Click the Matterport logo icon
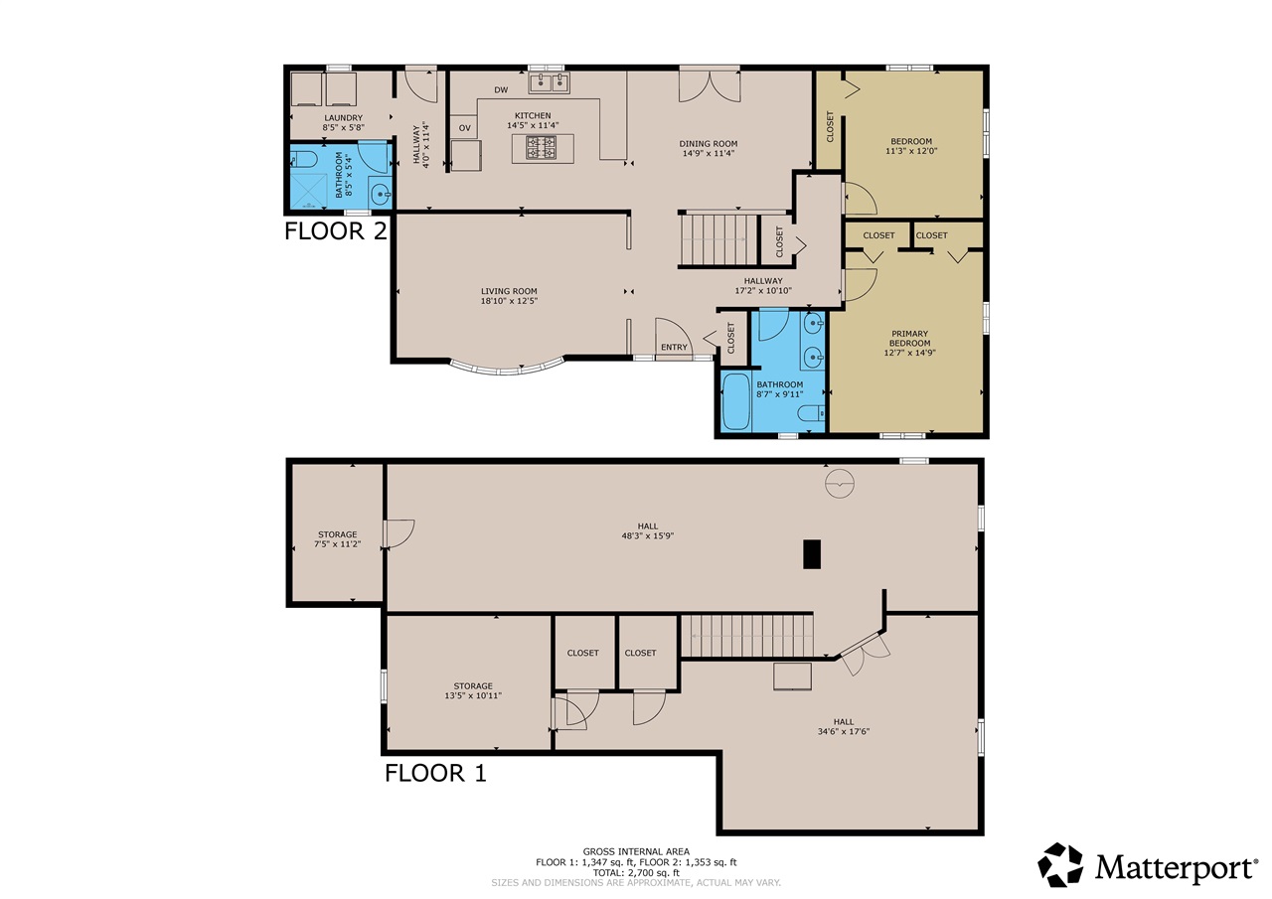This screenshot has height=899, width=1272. [1060, 865]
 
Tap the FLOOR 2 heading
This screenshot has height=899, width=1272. [336, 231]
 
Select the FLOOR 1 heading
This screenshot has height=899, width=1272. [435, 773]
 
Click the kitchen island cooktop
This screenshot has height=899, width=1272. [541, 148]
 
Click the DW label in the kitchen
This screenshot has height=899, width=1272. [501, 89]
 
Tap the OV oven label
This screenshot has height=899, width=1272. [464, 128]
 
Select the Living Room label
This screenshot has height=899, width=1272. [509, 291]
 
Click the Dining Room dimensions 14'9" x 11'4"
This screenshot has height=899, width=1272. [709, 153]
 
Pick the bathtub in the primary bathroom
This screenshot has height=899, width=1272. [736, 401]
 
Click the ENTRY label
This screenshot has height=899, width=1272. [674, 348]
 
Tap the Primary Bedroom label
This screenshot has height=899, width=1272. [909, 339]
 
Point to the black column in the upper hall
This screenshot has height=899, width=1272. [812, 554]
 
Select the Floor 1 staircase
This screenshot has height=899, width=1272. [747, 636]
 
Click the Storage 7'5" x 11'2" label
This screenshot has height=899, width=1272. [337, 539]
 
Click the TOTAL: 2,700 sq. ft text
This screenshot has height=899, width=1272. [636, 873]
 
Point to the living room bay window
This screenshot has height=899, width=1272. [507, 369]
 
